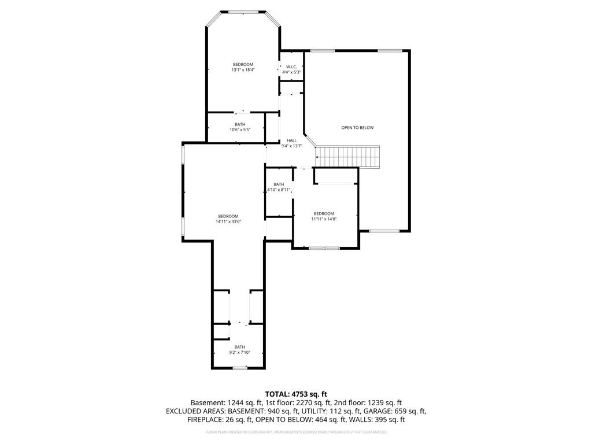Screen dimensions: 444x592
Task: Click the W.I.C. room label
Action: (x=291, y=66)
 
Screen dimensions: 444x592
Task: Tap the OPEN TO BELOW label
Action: (x=357, y=128)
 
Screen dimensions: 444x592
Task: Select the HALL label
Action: (x=291, y=140)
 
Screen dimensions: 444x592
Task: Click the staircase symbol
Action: (x=347, y=156)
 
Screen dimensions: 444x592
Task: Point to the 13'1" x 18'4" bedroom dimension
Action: (x=243, y=70)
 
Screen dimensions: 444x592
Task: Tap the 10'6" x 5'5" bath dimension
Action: (x=240, y=129)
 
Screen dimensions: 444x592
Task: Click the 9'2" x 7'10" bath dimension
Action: (x=239, y=352)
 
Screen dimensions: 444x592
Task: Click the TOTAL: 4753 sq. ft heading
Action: (x=296, y=394)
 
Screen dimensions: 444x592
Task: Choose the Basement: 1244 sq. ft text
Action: (x=227, y=402)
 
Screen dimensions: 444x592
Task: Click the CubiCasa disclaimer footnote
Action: (x=296, y=432)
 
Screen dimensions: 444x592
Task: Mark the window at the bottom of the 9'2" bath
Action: (x=239, y=368)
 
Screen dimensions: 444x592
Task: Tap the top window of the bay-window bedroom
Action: (x=243, y=12)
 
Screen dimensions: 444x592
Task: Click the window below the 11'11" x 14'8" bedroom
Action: (x=324, y=248)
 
